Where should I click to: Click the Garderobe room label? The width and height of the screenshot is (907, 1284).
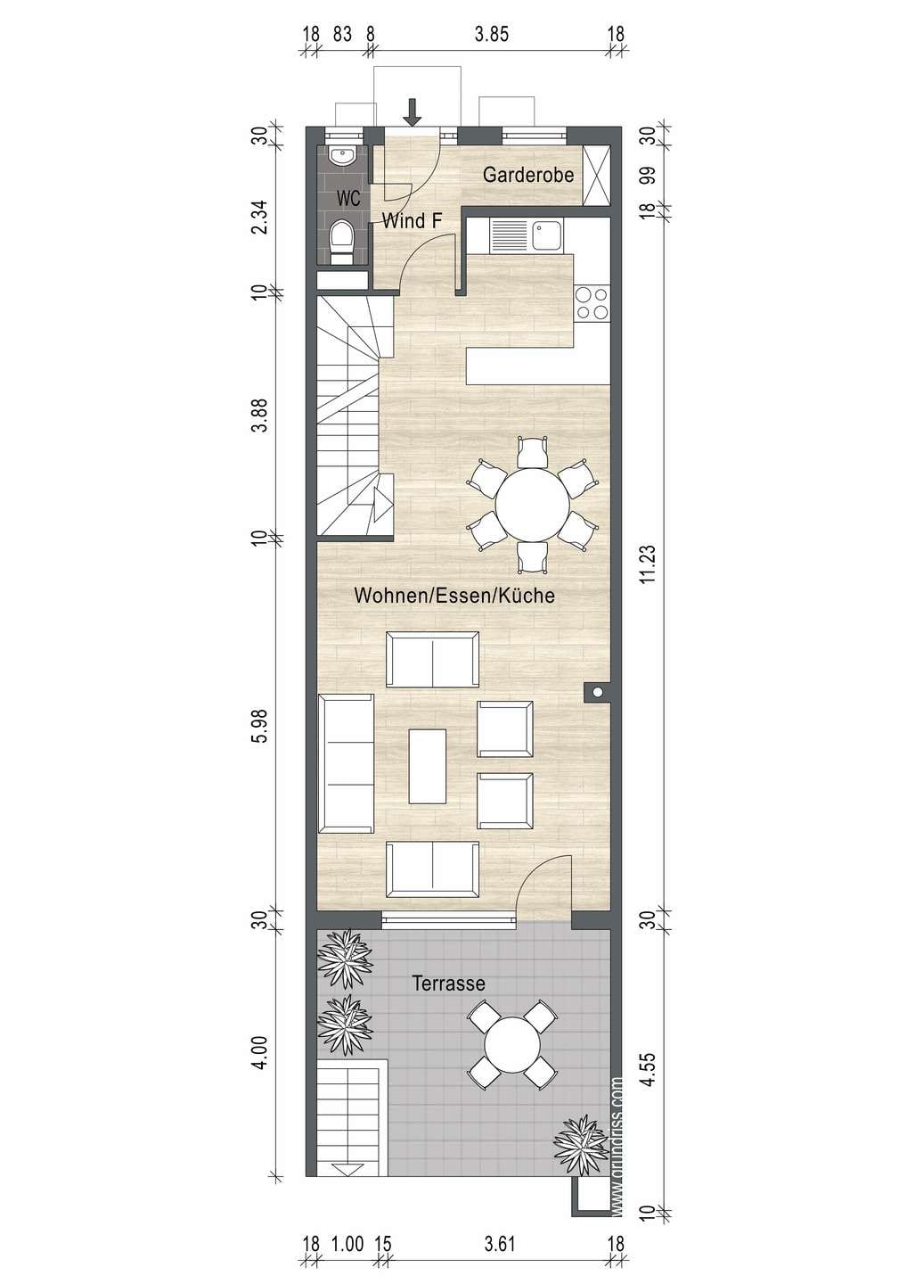click(528, 175)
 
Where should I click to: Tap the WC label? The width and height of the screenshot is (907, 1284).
click(348, 198)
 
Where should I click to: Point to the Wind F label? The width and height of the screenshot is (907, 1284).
click(412, 221)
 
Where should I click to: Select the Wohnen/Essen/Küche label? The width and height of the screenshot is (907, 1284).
click(454, 596)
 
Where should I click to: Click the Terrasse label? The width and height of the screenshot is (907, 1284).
click(449, 984)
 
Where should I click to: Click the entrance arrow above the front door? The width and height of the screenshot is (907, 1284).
click(412, 112)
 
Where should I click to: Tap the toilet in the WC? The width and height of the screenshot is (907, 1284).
click(342, 243)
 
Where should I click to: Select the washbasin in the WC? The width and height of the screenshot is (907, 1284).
click(343, 156)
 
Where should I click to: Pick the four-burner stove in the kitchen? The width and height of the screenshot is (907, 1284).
click(592, 303)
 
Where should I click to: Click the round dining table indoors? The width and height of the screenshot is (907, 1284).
click(533, 505)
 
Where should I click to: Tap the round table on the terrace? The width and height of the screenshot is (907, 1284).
click(512, 1044)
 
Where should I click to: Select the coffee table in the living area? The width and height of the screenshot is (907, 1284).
click(427, 767)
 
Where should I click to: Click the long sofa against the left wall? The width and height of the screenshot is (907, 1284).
click(346, 763)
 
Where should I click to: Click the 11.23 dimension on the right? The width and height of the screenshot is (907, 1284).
click(648, 564)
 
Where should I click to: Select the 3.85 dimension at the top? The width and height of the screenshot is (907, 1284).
click(492, 35)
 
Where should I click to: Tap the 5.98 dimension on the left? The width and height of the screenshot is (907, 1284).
click(259, 727)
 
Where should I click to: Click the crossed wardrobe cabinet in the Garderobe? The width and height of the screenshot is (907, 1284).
click(596, 176)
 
